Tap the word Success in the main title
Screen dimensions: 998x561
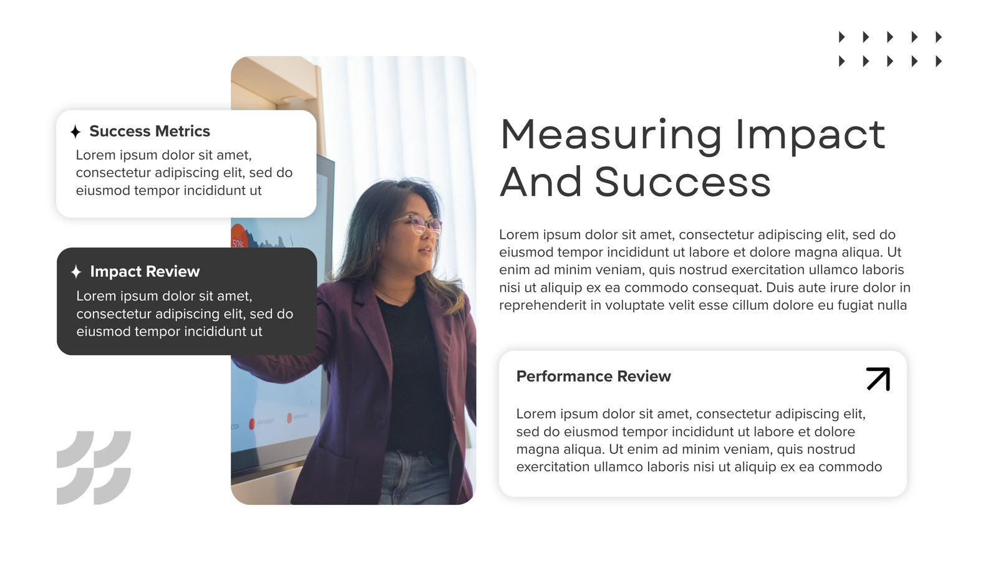[683, 182]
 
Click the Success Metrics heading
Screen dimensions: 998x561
[150, 132]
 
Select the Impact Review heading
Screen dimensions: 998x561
[145, 272]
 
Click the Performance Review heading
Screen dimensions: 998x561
[593, 376]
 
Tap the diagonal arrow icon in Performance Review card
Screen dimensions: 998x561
[878, 379]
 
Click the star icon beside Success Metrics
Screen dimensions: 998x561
[75, 132]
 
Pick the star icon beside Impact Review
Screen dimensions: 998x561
[76, 272]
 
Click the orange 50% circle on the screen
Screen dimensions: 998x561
[238, 237]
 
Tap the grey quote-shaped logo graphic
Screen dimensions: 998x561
[94, 467]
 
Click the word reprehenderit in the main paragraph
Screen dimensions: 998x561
[543, 305]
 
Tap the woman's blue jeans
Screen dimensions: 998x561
[414, 479]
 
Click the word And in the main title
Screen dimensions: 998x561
[541, 182]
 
